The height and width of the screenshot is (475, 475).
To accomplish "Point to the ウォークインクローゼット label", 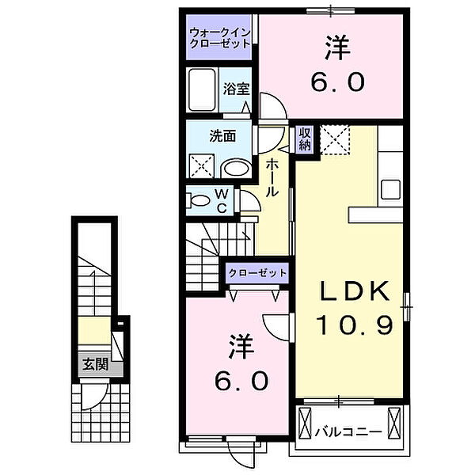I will [219, 37].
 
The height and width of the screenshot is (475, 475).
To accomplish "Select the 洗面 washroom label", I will [222, 135].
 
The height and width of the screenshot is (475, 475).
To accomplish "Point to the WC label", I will [222, 201].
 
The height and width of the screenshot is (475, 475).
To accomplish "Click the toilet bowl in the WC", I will [196, 200].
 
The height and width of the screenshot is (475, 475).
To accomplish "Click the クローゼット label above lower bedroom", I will [257, 272].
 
